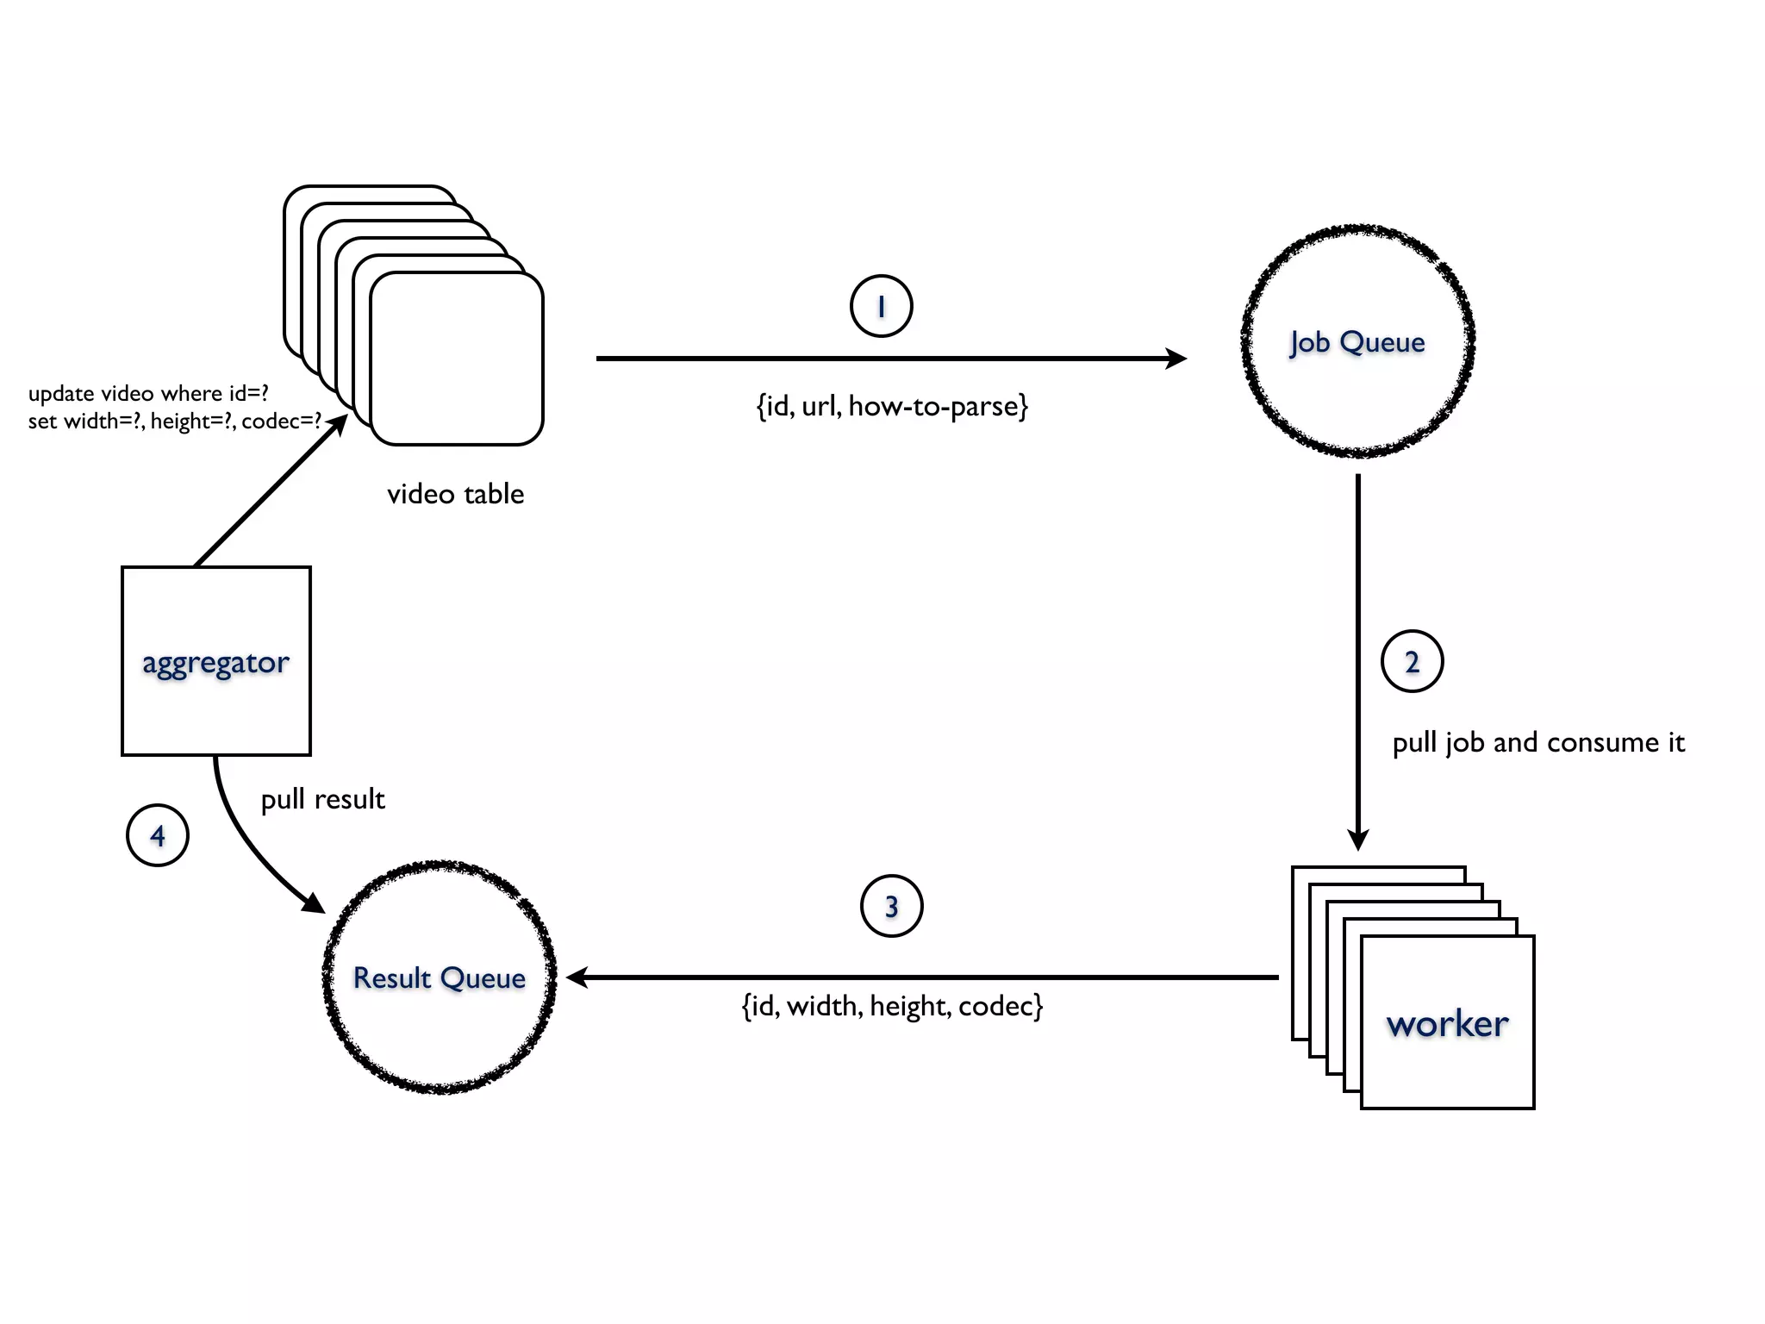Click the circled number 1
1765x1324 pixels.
pyautogui.click(x=881, y=306)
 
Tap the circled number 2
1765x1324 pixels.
pyautogui.click(x=1412, y=661)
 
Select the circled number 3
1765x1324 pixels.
pyautogui.click(x=891, y=906)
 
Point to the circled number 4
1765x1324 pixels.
pyautogui.click(x=157, y=835)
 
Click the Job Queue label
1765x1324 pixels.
pyautogui.click(x=1356, y=342)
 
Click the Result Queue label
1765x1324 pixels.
pyautogui.click(x=440, y=978)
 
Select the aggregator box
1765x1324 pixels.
pyautogui.click(x=215, y=661)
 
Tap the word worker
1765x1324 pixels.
pyautogui.click(x=1447, y=1024)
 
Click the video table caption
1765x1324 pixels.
pyautogui.click(x=455, y=494)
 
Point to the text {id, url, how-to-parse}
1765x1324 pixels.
pyautogui.click(x=892, y=406)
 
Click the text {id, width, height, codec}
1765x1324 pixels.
pyautogui.click(x=892, y=1006)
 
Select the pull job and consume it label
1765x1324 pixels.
pyautogui.click(x=1537, y=742)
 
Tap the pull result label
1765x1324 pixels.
pyautogui.click(x=322, y=799)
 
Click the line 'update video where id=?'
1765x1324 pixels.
pyautogui.click(x=148, y=393)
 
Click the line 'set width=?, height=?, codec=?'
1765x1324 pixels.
pyautogui.click(x=174, y=421)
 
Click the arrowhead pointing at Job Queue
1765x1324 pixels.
pyautogui.click(x=1176, y=358)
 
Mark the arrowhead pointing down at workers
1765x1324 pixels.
pyautogui.click(x=1357, y=839)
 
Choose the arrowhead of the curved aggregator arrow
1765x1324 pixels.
pyautogui.click(x=314, y=903)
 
